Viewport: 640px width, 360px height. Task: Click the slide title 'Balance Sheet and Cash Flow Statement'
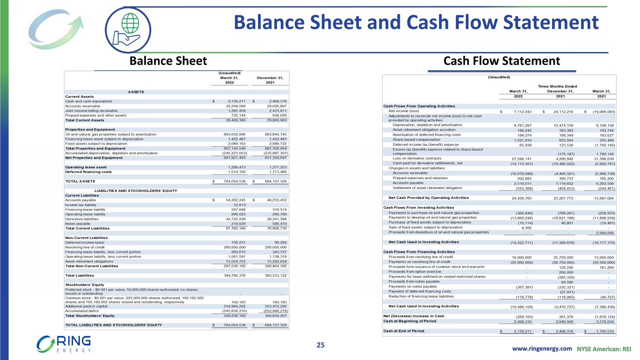[416, 23]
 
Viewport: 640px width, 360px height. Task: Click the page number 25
[320, 345]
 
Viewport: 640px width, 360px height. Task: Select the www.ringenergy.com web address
[541, 348]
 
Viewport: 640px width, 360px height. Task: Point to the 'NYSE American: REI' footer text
[604, 349]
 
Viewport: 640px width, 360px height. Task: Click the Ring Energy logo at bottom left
[64, 344]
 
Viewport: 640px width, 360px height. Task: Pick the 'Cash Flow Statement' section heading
[501, 61]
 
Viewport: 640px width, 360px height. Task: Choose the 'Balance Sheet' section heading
[168, 61]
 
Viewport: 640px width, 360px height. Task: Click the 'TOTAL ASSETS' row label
[80, 181]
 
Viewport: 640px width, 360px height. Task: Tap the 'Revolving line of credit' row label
[85, 247]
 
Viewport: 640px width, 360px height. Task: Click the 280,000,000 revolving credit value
[234, 247]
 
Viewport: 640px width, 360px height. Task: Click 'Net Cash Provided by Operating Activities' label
[428, 198]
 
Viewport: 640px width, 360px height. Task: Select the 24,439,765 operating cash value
[521, 198]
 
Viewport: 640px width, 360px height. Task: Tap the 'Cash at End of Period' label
[404, 331]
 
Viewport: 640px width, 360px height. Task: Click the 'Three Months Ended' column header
[557, 87]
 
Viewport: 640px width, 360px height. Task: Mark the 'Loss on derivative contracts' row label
[417, 158]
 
